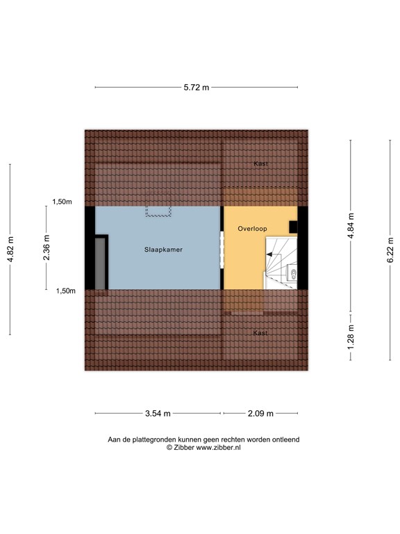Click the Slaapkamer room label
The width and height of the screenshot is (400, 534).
163,249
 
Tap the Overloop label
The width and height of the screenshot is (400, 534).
251,228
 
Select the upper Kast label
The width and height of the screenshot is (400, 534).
260,163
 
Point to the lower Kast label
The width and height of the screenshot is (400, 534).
260,333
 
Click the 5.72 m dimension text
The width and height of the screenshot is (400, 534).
196,88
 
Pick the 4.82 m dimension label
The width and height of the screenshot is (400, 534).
10,249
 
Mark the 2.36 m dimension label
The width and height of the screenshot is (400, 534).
46,249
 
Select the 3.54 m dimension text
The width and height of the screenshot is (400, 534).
158,414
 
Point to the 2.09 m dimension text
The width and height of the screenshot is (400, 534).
260,414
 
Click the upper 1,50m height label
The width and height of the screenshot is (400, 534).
62,202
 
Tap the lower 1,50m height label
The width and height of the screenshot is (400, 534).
66,291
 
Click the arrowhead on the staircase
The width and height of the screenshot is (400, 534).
269,255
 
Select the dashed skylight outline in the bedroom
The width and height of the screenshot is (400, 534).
158,211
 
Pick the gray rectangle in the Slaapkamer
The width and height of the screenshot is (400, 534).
101,262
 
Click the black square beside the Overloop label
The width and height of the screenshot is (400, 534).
293,227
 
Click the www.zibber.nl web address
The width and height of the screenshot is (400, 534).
219,448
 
